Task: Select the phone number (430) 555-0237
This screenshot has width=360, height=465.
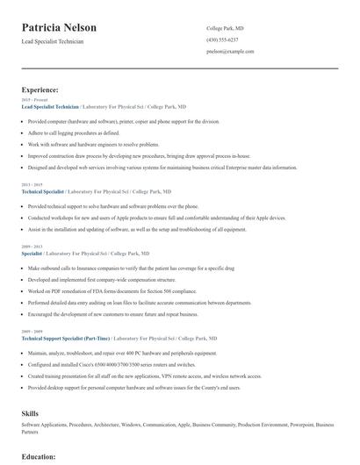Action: (x=222, y=39)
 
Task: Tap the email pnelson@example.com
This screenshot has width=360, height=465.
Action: (x=230, y=51)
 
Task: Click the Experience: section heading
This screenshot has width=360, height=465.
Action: (x=40, y=89)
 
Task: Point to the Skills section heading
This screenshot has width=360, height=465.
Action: (x=31, y=412)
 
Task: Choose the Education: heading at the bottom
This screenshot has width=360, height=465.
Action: (x=39, y=456)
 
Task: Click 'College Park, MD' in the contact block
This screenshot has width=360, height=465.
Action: (x=225, y=28)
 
